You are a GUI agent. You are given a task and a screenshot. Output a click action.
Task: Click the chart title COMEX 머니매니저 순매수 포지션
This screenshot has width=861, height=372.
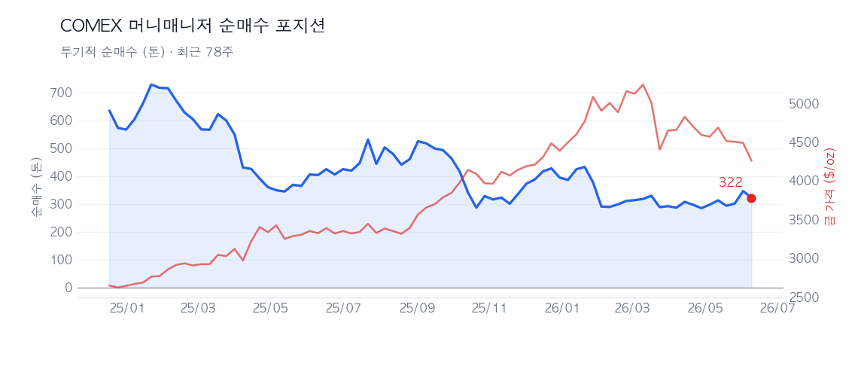193,26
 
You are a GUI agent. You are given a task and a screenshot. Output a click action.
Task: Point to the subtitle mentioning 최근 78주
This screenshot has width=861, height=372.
148,52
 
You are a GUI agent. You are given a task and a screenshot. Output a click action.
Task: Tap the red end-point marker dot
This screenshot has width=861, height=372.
751,198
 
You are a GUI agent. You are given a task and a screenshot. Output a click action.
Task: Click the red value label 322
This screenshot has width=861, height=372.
731,182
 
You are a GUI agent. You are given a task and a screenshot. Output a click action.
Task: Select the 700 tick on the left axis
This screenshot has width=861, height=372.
60,93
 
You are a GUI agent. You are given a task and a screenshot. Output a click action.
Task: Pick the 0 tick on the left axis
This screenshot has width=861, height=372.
68,288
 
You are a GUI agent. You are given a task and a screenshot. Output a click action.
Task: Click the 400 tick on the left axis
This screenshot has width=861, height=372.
60,176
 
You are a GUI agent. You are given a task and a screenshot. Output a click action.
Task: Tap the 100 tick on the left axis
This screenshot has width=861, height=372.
60,260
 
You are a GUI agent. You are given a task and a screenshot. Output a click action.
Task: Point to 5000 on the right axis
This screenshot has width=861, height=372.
803,105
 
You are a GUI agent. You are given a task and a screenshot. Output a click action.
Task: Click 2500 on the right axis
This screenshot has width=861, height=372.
803,297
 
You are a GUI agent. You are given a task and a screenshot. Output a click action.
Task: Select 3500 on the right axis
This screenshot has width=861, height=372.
803,221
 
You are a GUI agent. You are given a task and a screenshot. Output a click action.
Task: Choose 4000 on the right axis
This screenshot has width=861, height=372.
803,181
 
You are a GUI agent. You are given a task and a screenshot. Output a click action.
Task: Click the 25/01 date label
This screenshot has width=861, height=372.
127,308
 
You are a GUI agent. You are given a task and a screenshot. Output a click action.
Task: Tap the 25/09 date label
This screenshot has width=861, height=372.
417,308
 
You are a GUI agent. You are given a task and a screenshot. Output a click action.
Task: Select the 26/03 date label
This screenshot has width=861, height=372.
632,308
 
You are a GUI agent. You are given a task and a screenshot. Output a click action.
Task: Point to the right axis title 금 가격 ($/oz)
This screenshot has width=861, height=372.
829,186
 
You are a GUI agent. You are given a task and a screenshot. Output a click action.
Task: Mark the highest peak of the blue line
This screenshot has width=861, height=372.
151,84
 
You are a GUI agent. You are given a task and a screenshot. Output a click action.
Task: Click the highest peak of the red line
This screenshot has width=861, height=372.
643,84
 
